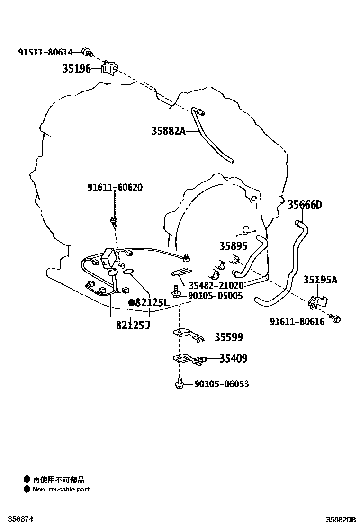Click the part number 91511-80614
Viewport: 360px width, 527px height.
click(x=45, y=52)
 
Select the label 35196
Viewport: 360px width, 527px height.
click(x=77, y=69)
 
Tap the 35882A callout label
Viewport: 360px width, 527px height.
click(x=168, y=131)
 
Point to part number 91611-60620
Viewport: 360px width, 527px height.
click(x=115, y=187)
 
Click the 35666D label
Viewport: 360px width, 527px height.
click(x=305, y=204)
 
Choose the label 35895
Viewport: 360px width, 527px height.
click(x=234, y=246)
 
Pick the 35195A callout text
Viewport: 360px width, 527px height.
click(x=320, y=280)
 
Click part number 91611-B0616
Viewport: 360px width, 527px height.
click(x=297, y=322)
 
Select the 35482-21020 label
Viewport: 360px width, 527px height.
click(x=216, y=286)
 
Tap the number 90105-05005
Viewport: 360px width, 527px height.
click(x=215, y=296)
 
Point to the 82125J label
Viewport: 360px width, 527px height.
click(x=133, y=325)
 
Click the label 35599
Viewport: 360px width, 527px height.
click(x=228, y=337)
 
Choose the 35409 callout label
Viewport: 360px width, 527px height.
click(x=233, y=358)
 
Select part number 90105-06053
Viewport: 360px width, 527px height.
click(x=222, y=384)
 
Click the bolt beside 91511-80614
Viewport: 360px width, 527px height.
click(x=88, y=52)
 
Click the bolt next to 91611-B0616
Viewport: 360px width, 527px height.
click(x=335, y=318)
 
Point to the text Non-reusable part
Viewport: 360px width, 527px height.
click(x=61, y=490)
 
